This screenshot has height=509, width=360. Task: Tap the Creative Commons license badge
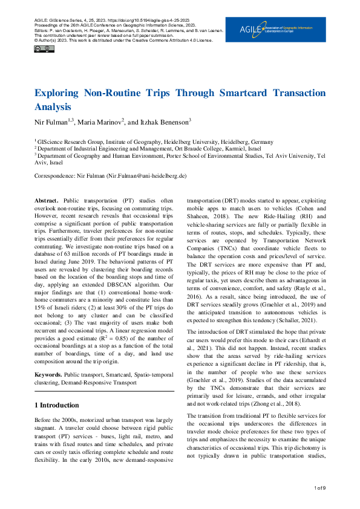pos(42,49)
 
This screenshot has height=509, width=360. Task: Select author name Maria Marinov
pos(100,121)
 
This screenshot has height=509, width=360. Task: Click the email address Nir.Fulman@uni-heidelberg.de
pos(146,175)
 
